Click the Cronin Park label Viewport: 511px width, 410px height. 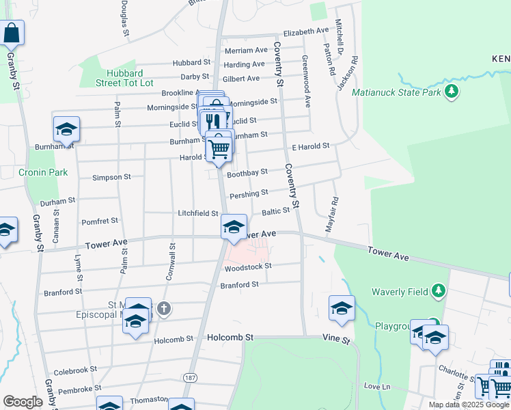click(x=43, y=172)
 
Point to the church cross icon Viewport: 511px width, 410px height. click(x=163, y=310)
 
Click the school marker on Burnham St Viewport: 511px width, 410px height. click(x=67, y=128)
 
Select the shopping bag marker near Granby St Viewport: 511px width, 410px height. click(x=12, y=32)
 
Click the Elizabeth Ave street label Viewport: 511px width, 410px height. click(x=306, y=31)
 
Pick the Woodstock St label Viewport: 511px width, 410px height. click(x=248, y=266)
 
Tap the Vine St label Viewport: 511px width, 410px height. click(x=336, y=339)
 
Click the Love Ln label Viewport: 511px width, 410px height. click(x=376, y=387)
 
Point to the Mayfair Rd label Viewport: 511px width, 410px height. click(x=333, y=213)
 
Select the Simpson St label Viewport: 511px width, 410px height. click(x=111, y=177)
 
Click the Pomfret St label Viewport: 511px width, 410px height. click(x=100, y=221)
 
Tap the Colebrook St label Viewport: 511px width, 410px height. click(x=72, y=371)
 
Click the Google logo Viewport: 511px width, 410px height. click(x=23, y=402)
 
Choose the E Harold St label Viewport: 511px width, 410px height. click(x=311, y=146)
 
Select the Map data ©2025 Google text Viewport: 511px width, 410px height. click(x=468, y=404)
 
